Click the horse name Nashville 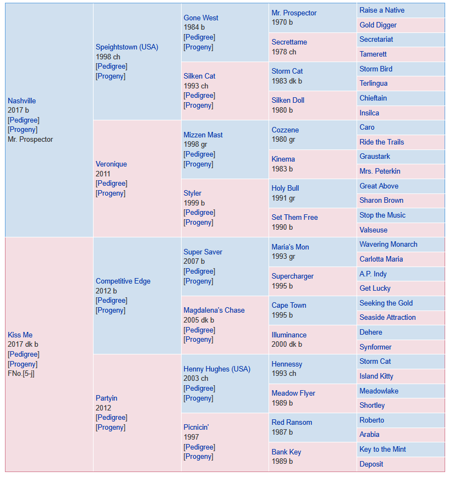coord(21,101)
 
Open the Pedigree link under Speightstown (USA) coord(112,66)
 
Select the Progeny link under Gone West coord(198,47)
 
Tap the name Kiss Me coord(20,335)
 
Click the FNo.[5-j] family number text coord(21,374)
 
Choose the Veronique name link coord(111,164)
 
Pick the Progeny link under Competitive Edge coord(111,310)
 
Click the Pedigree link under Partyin coord(112,418)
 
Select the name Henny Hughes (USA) coord(217,369)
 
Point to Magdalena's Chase coord(214,310)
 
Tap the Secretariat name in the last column coord(376,39)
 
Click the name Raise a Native coord(382,10)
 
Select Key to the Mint coord(382,450)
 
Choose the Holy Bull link coord(285,188)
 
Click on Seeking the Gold coord(386,303)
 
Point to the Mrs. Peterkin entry coord(380,171)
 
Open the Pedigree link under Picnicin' coord(199,447)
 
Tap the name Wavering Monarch coord(388,245)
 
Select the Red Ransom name coord(292,422)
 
